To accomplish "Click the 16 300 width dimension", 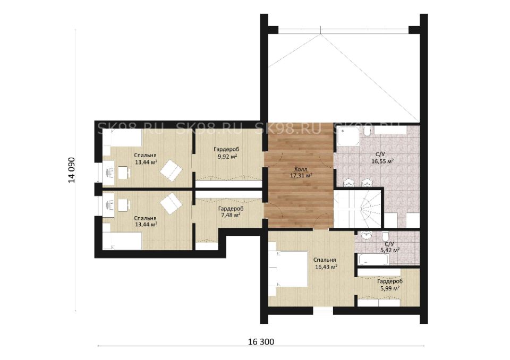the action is point(261,342).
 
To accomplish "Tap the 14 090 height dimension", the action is point(72,170).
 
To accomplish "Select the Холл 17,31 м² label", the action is point(301,173).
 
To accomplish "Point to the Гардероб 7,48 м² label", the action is point(231,212).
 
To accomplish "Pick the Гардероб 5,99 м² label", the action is point(389,285).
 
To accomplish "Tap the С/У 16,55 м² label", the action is point(382,157).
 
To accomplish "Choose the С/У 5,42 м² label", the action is point(389,247).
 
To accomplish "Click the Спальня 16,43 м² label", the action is point(325,263).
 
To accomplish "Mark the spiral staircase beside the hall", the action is point(358,209).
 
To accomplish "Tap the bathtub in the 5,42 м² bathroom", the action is point(373,260).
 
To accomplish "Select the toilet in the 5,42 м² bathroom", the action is point(386,236).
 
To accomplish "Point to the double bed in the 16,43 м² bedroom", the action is point(288,269).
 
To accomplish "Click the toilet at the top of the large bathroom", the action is point(368,131).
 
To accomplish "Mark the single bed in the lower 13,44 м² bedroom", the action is point(123,241).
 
